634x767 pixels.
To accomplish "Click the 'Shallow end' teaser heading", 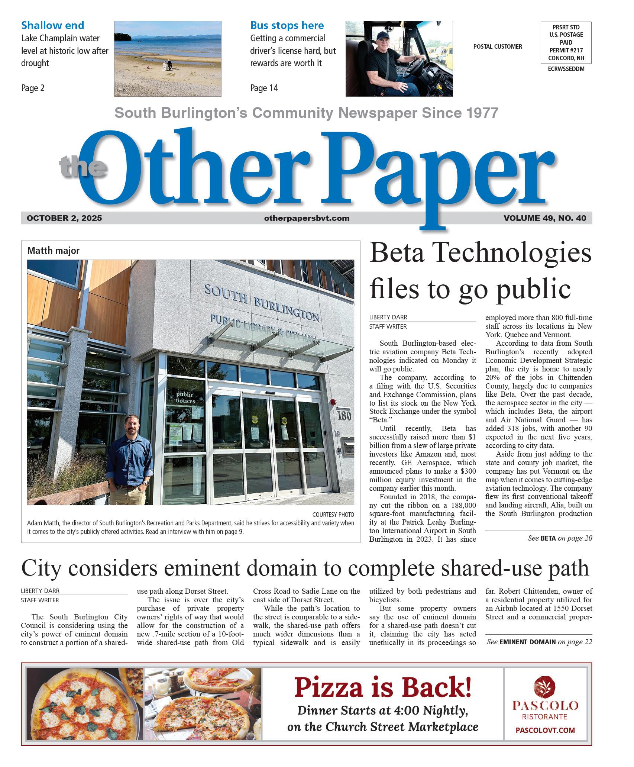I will [x=52, y=25].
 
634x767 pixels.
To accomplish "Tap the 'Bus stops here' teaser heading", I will [x=287, y=25].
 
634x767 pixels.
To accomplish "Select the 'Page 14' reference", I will [x=264, y=88].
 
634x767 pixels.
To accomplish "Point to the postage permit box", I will [x=566, y=43].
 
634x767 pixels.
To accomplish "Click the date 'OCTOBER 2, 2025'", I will [x=64, y=218].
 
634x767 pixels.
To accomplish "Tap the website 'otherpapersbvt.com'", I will [x=307, y=218].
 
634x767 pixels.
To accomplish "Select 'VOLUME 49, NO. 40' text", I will [x=545, y=218].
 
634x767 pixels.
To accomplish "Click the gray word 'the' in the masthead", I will [x=83, y=166].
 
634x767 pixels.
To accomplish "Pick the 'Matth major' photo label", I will [x=53, y=251].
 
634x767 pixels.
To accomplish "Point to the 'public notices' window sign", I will [x=185, y=397].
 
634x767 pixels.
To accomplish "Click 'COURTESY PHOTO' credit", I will [x=333, y=515].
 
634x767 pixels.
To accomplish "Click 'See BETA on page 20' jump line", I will [x=560, y=538].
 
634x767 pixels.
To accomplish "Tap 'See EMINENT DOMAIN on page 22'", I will [x=539, y=642].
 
